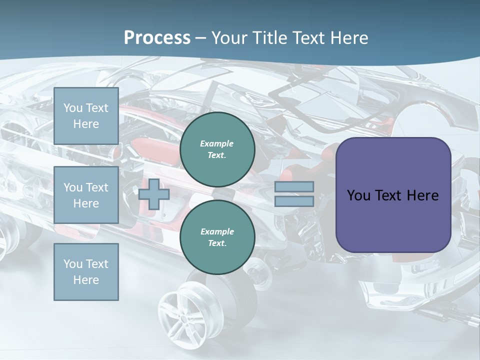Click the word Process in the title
click(157, 37)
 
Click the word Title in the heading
click(270, 37)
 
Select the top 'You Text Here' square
click(86, 116)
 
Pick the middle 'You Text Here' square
click(86, 195)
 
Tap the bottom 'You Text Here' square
click(86, 272)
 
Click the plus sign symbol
click(154, 194)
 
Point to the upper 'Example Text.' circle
click(217, 149)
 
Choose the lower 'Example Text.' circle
click(217, 237)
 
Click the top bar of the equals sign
click(294, 186)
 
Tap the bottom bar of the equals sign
click(294, 201)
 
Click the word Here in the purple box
click(422, 195)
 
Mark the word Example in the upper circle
click(217, 143)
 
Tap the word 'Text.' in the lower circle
click(217, 243)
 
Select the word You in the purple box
click(358, 195)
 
